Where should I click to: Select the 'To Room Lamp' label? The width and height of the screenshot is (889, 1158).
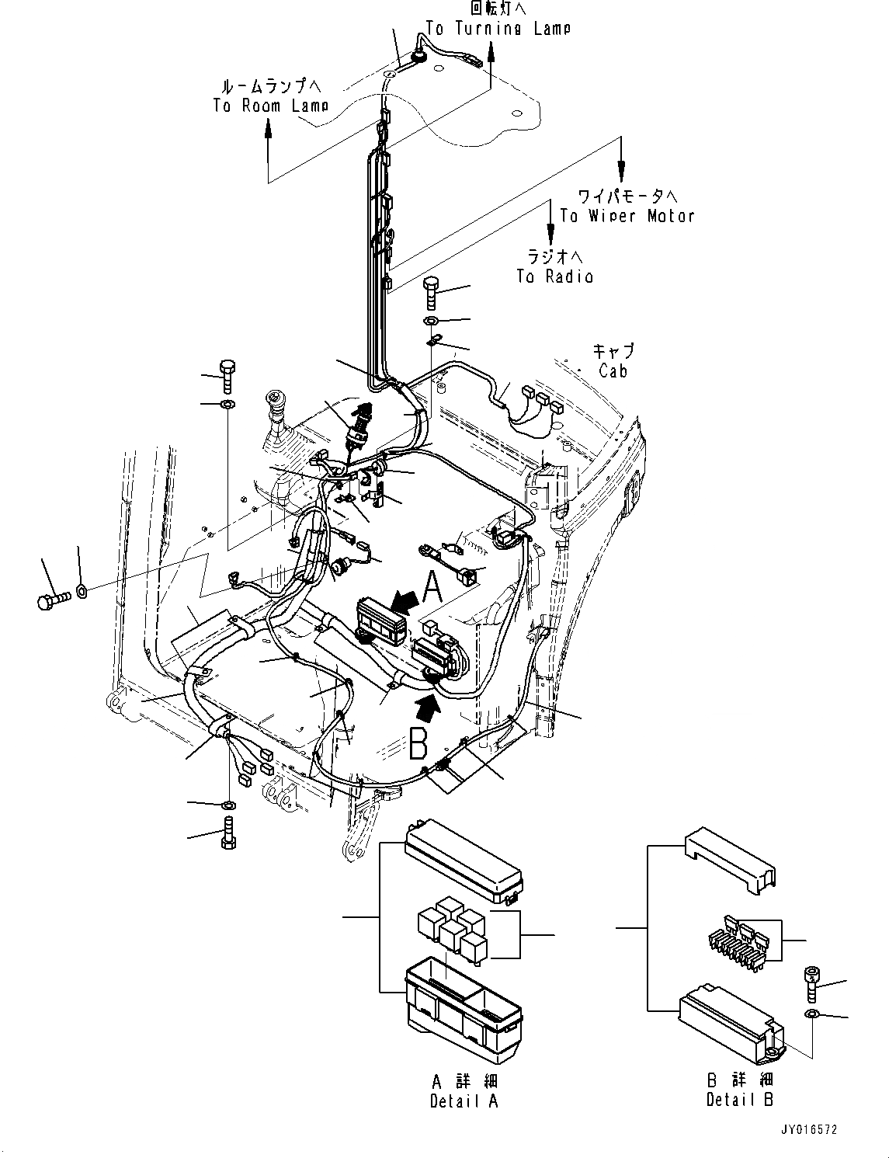[x=270, y=106]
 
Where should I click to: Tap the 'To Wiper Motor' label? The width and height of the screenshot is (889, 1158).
[x=627, y=216]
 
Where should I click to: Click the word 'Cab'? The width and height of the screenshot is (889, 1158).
[x=613, y=370]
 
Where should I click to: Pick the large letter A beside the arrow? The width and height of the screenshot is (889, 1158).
[x=432, y=586]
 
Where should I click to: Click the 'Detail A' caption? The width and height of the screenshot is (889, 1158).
[x=464, y=1100]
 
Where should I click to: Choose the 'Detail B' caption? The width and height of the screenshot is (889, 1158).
[x=740, y=1099]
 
